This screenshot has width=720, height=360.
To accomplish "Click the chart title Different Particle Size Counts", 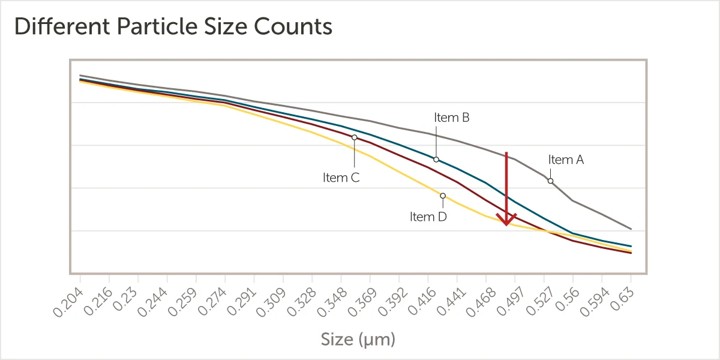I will tap(173, 27).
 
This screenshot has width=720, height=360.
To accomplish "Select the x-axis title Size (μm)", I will tap(358, 340).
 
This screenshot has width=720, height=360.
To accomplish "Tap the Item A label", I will tap(566, 160).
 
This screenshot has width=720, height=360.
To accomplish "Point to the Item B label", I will tap(451, 118).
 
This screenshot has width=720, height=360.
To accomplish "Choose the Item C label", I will tap(341, 178).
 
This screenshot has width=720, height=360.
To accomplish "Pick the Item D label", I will tap(428, 217).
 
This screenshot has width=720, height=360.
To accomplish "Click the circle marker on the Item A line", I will tap(550, 181).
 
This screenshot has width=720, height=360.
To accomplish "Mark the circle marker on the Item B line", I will tap(436, 160).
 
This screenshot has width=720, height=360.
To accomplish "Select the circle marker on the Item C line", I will tap(355, 137).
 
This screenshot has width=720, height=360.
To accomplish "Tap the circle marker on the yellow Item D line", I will tap(443, 196).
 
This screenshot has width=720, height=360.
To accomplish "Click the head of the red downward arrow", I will tap(506, 221).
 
